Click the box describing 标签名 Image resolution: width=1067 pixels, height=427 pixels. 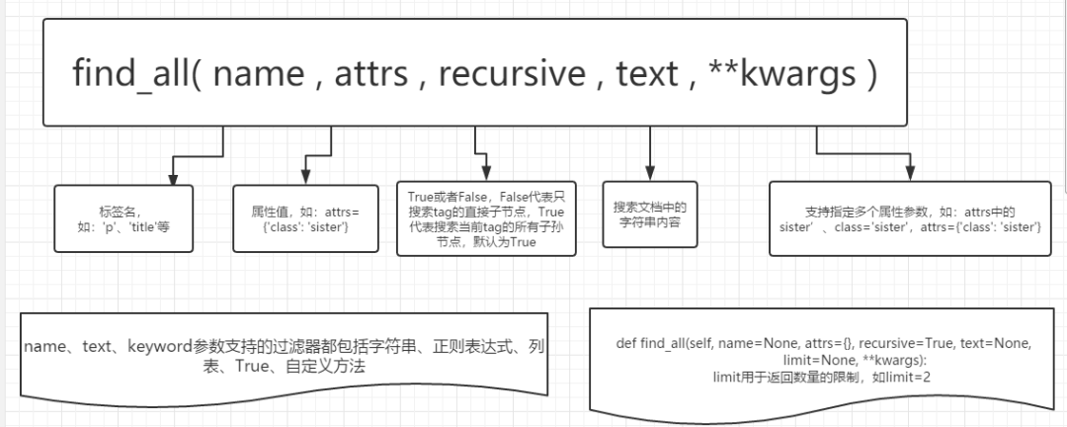tap(123, 218)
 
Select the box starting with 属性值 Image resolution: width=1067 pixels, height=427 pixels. tap(305, 218)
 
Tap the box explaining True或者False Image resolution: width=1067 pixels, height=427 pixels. tap(486, 217)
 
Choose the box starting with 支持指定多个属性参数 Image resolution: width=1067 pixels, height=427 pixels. tap(910, 218)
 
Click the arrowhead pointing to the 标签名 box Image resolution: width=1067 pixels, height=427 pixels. tap(173, 179)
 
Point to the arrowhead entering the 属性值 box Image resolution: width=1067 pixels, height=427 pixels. tap(304, 179)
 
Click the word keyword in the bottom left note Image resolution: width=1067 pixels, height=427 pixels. tap(160, 347)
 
